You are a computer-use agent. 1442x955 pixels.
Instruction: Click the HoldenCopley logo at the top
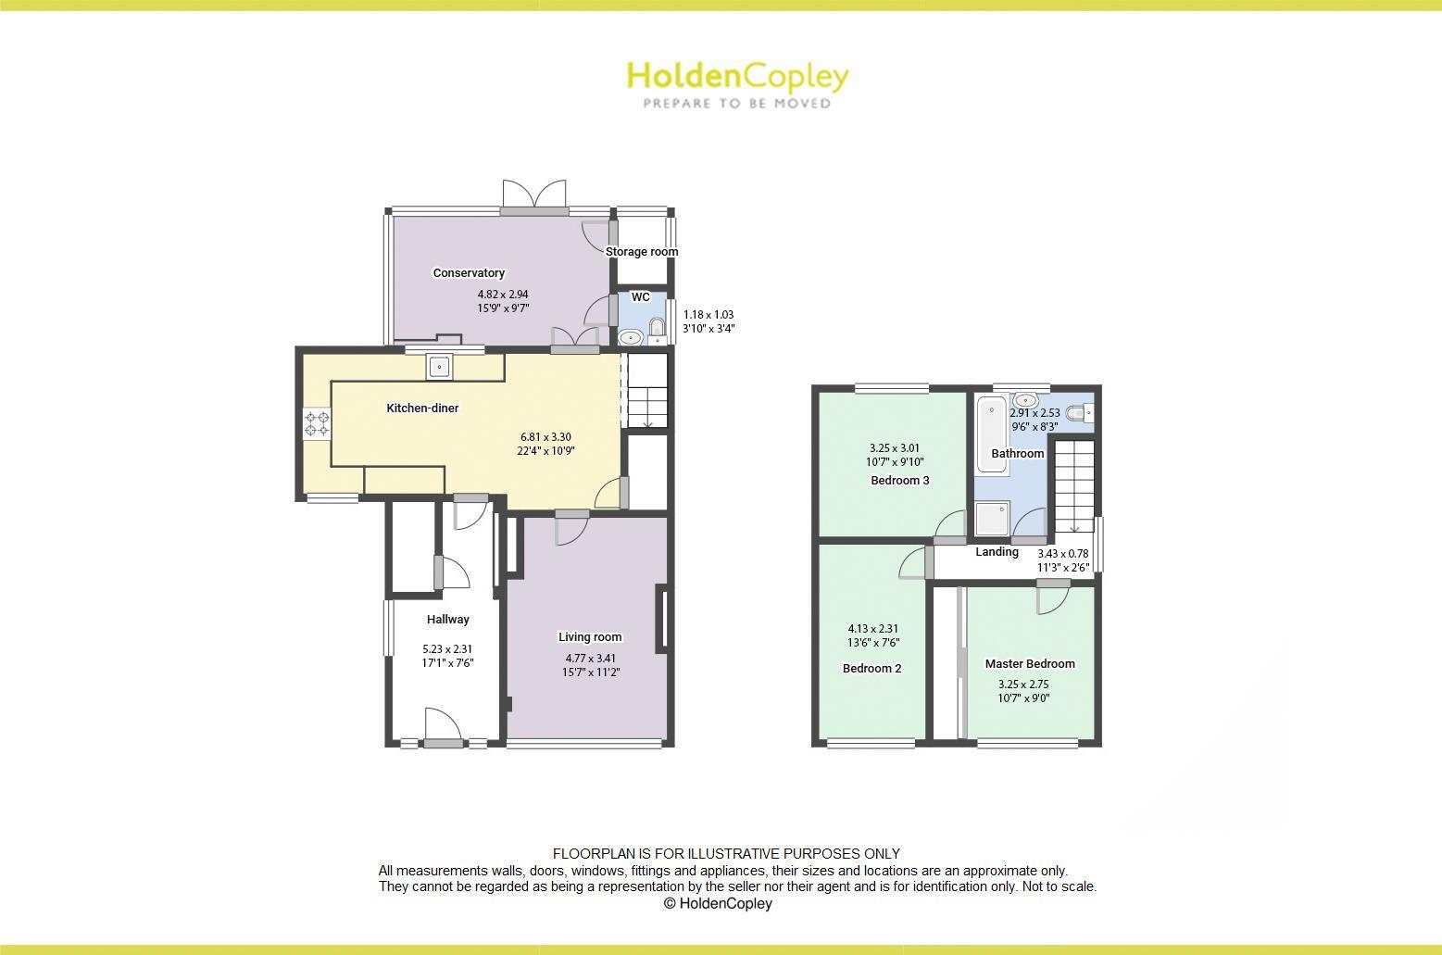[737, 83]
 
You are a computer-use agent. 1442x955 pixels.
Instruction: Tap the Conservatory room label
[469, 273]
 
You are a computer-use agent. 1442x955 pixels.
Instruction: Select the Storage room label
[642, 252]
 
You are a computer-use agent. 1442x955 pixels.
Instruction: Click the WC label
[640, 297]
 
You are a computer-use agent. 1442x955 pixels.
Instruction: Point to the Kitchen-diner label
[422, 408]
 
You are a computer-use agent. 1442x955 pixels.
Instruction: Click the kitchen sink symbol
[439, 367]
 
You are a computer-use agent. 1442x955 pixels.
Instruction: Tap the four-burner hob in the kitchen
[318, 423]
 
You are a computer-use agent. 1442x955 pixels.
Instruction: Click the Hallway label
[448, 620]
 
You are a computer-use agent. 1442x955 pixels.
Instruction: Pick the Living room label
[590, 637]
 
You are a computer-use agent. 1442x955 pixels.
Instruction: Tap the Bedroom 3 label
[900, 481]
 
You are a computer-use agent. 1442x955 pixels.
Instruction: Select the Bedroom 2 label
[871, 669]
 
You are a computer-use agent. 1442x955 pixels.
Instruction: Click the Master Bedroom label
[1030, 664]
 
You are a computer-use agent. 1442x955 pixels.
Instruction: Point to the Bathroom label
[1018, 454]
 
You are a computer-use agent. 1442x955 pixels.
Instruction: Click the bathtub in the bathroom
[992, 434]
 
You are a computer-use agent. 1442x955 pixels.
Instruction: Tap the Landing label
[997, 552]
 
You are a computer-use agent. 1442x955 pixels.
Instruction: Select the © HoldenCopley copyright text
[718, 904]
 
